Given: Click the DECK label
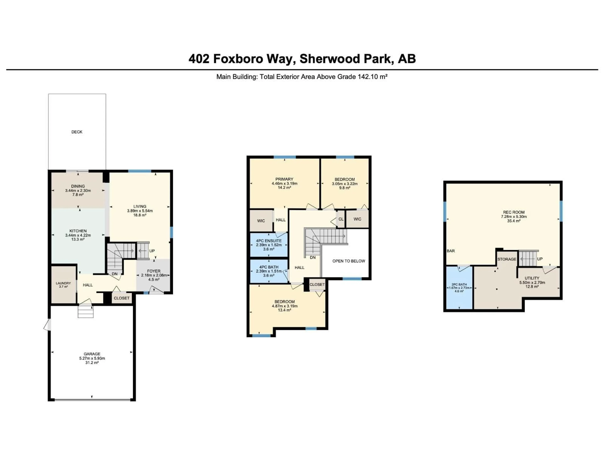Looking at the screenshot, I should click(x=77, y=132).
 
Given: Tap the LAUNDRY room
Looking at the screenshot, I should click(x=63, y=285).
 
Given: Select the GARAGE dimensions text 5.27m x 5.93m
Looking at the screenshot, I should click(x=92, y=358).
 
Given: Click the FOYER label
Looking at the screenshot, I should click(x=154, y=271).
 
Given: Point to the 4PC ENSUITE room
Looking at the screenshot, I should click(x=269, y=245).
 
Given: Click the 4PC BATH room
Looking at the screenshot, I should click(x=269, y=271).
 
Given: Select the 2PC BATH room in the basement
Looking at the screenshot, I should click(x=459, y=288).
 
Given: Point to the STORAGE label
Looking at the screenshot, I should click(x=507, y=259).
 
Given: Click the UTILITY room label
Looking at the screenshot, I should click(x=532, y=278).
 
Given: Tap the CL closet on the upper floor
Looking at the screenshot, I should click(x=341, y=219).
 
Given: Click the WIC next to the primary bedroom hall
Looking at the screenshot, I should click(x=261, y=221).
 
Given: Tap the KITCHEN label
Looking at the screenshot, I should click(x=78, y=231).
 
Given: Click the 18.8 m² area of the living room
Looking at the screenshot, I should click(x=140, y=215).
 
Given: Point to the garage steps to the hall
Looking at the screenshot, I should click(x=86, y=312).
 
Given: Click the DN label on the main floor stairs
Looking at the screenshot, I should click(x=115, y=274).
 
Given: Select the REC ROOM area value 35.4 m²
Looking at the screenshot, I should click(x=514, y=221).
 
